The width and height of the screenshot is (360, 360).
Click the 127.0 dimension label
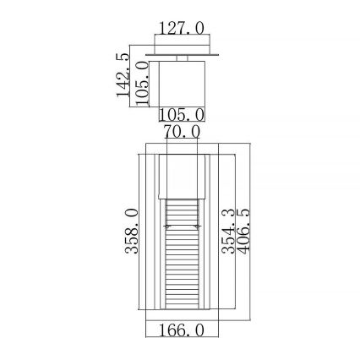(x=180, y=28)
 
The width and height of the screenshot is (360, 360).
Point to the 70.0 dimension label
(x=180, y=132)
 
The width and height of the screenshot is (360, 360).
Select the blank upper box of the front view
(x=180, y=174)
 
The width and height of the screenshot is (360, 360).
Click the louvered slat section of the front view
(x=180, y=254)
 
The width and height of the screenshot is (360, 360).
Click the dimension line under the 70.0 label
(x=180, y=140)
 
